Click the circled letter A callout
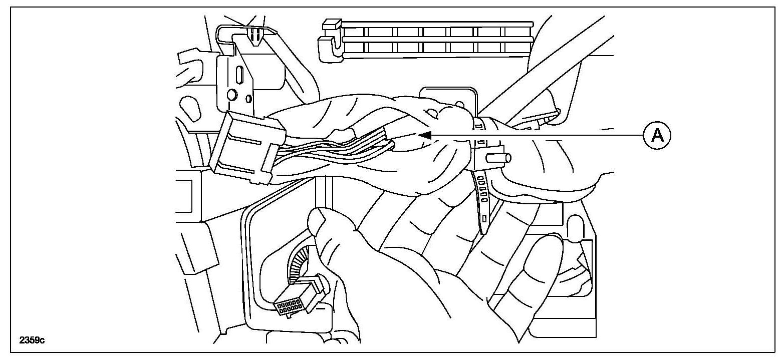point(657,135)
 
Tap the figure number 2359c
point(32,340)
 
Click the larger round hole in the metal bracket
point(231,94)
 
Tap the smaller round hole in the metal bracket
point(249,99)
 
